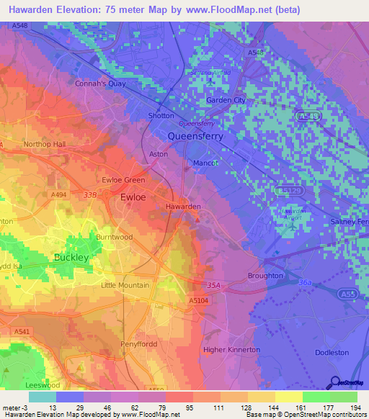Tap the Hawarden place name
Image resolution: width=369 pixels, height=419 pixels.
(x=183, y=207)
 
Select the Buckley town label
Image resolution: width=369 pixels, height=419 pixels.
(x=71, y=257)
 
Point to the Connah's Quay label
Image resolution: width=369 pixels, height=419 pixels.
(x=101, y=83)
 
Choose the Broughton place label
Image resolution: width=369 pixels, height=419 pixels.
(x=264, y=276)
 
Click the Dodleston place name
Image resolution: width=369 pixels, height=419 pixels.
(x=332, y=353)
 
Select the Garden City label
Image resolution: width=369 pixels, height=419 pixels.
(x=226, y=100)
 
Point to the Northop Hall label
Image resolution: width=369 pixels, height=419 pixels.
(x=44, y=144)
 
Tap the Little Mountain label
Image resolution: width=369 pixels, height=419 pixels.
(x=125, y=285)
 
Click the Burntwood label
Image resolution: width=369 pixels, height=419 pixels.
(x=115, y=236)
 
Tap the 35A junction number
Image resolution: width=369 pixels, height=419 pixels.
(x=213, y=285)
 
